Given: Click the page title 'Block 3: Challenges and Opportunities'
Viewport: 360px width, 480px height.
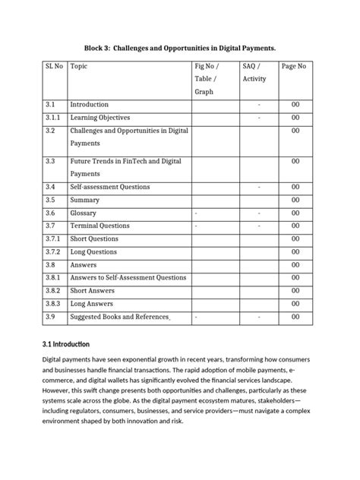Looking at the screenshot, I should click(179, 48).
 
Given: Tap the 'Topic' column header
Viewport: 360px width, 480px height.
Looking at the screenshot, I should click(79, 67).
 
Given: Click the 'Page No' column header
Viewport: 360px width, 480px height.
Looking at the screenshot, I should click(294, 67).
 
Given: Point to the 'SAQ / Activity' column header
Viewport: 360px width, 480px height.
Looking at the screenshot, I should click(254, 73).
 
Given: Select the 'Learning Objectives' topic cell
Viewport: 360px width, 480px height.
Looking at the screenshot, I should click(100, 118).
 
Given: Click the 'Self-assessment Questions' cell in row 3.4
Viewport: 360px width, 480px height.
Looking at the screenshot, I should click(110, 187).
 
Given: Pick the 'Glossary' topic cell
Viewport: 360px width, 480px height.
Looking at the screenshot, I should click(84, 213).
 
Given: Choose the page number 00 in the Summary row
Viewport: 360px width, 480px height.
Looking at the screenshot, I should click(295, 201).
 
